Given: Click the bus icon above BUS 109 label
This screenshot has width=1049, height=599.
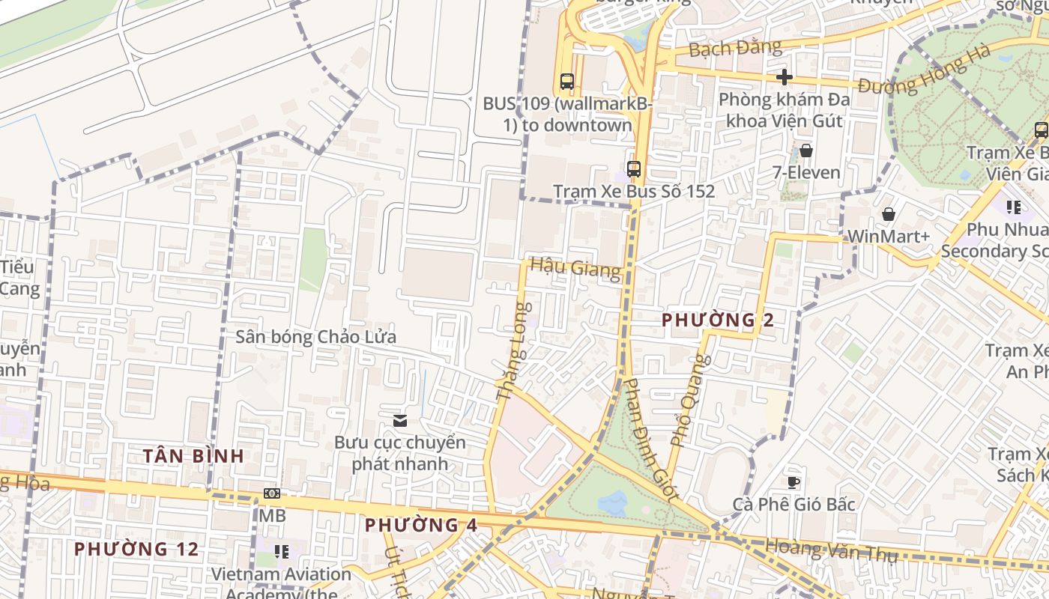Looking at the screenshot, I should tap(567, 81).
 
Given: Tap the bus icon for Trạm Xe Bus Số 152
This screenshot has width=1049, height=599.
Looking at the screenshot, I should tap(634, 168).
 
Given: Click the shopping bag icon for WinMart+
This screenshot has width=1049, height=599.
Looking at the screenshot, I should tap(888, 215).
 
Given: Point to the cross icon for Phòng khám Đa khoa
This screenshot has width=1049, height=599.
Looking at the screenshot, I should tap(785, 77).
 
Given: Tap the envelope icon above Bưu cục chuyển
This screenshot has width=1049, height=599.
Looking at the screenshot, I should tap(400, 420).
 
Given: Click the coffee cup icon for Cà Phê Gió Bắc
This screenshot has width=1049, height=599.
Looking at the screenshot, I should tap(793, 481).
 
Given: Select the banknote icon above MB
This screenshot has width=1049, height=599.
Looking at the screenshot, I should tap(272, 493).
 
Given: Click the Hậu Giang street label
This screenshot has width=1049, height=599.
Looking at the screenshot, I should tap(575, 267).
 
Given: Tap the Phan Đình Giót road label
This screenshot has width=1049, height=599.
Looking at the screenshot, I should tap(650, 438).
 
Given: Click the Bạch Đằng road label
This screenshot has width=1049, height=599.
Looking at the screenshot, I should tap(734, 49).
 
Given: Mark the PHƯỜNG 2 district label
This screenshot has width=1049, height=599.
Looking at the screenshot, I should tap(717, 320).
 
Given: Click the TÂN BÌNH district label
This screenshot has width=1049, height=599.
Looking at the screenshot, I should tap(193, 455).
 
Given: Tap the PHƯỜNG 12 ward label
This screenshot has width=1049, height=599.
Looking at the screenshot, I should tap(136, 549).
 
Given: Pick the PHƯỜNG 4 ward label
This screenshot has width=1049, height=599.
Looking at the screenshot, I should tap(420, 525).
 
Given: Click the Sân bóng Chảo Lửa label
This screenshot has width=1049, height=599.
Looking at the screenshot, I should tap(315, 337).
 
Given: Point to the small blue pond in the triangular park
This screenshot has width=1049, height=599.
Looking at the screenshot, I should tap(613, 502).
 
